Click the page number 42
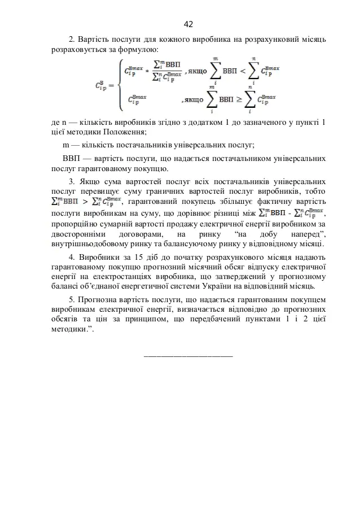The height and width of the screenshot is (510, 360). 188,24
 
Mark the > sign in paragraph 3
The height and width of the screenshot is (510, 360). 86,202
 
